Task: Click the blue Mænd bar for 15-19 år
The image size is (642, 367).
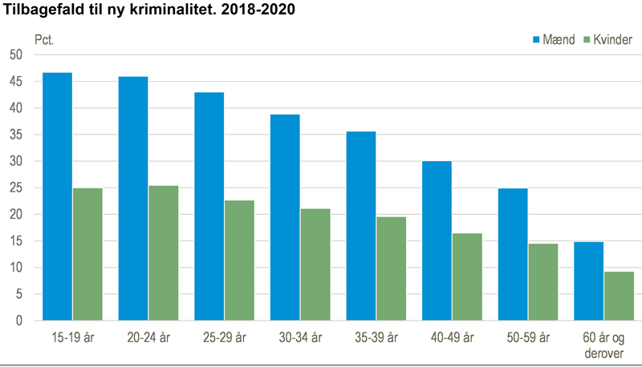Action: tap(57, 196)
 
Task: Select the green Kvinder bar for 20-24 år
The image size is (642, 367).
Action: tap(164, 253)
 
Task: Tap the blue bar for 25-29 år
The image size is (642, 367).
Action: tap(209, 206)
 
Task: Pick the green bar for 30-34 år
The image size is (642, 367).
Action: tap(315, 264)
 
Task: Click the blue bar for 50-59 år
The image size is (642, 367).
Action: tap(512, 254)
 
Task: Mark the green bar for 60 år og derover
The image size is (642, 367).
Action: tap(619, 296)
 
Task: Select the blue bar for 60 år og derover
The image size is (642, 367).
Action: tap(588, 281)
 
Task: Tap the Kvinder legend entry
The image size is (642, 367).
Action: tap(607, 40)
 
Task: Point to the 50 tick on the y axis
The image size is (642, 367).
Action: tap(16, 54)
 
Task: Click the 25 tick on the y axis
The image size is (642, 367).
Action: tap(16, 188)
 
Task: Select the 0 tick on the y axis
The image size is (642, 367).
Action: tap(19, 321)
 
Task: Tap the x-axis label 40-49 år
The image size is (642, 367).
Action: tap(452, 337)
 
